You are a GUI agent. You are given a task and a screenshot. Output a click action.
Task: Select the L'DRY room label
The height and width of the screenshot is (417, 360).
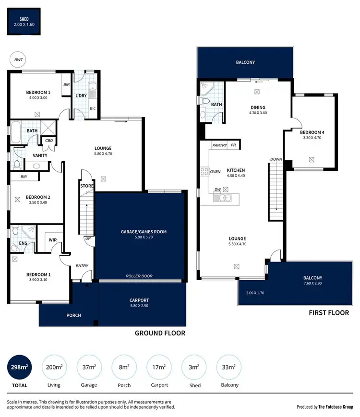[x=81, y=96]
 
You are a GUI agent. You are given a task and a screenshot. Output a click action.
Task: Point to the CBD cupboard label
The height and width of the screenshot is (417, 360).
[x=49, y=141]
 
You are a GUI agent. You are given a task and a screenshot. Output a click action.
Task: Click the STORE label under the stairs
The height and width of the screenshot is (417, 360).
[x=87, y=186]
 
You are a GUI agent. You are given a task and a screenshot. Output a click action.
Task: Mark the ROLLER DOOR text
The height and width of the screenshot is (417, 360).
[x=139, y=276]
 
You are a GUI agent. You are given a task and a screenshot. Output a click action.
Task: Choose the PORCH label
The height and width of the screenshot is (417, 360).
[x=73, y=315]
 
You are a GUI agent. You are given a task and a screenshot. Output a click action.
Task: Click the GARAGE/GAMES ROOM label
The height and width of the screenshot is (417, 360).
[x=144, y=232]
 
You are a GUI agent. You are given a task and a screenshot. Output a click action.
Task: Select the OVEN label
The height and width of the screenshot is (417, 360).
[x=215, y=171]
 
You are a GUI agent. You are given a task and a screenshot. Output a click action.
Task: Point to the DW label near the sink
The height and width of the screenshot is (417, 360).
[x=217, y=189]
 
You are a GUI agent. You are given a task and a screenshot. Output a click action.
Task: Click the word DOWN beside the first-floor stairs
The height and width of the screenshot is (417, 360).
[x=276, y=159]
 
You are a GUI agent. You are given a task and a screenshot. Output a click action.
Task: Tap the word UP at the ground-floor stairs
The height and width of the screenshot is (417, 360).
[x=87, y=238]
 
